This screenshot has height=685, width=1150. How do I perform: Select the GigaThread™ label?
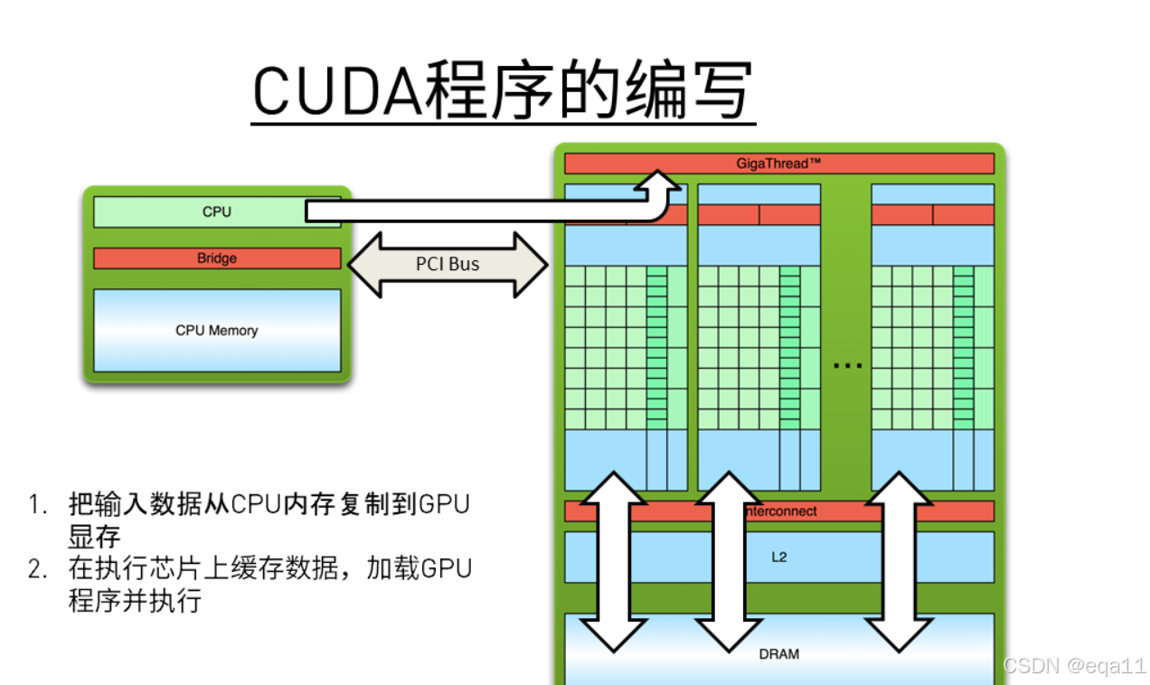(778, 164)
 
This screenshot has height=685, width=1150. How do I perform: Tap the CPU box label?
(217, 211)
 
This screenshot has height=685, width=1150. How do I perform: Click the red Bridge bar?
(217, 258)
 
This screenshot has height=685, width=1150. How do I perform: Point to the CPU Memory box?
(217, 330)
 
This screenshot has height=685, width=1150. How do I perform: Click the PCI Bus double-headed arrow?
(448, 265)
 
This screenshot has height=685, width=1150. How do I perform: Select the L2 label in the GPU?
(778, 557)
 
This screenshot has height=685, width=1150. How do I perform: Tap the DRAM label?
(778, 653)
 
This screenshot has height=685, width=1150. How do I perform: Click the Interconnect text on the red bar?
(782, 511)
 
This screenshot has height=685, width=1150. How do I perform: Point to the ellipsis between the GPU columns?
(847, 365)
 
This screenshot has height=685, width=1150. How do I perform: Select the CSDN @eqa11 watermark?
(1073, 666)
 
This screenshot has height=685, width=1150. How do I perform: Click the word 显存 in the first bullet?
(94, 537)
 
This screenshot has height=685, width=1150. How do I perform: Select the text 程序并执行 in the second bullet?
(135, 601)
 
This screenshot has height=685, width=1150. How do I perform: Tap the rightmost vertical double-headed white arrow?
(898, 560)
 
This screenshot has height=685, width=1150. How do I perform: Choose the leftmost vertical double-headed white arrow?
(613, 560)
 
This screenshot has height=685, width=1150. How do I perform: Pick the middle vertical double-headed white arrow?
(729, 560)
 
